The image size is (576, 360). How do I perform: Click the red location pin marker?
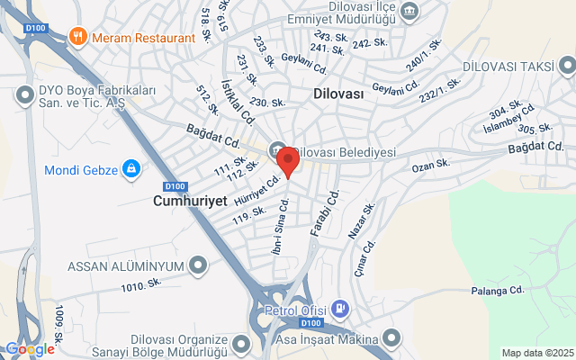pos(288,161)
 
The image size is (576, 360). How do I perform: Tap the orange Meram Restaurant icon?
pos(78,38)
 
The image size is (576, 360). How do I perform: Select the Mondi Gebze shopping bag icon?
pos(131,167)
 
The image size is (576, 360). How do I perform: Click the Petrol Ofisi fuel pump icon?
pos(339,309)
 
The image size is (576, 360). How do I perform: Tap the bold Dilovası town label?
pos(338,94)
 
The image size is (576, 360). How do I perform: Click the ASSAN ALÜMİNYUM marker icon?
pos(198,265)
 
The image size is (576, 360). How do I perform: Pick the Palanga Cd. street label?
pos(497,291)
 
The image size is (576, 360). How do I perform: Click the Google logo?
pos(29,349)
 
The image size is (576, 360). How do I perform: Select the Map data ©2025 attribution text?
pos(537,353)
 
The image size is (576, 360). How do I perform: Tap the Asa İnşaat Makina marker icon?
pos(391,338)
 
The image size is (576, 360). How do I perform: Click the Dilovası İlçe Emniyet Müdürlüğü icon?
pos(411,11)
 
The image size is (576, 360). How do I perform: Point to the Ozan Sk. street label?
pos(430,164)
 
